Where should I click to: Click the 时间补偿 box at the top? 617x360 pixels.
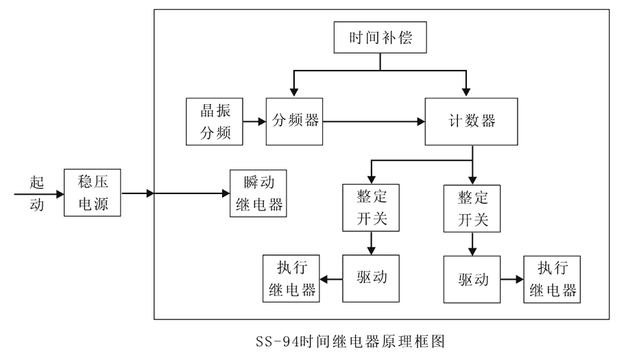(x=380, y=38)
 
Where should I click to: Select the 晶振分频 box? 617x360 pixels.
(x=215, y=121)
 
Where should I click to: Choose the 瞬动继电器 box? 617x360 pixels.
(x=258, y=193)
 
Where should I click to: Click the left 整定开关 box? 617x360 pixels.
(x=372, y=208)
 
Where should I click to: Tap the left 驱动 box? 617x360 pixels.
(x=372, y=278)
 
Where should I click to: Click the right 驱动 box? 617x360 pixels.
(x=472, y=280)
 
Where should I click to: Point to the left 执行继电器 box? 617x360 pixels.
(x=291, y=278)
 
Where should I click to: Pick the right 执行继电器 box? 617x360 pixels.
(x=552, y=280)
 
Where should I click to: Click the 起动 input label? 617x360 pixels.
(x=37, y=193)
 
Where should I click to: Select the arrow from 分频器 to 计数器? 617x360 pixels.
(x=374, y=122)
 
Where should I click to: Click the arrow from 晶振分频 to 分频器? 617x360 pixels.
(x=255, y=122)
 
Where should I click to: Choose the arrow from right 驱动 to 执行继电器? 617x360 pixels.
(x=511, y=280)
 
